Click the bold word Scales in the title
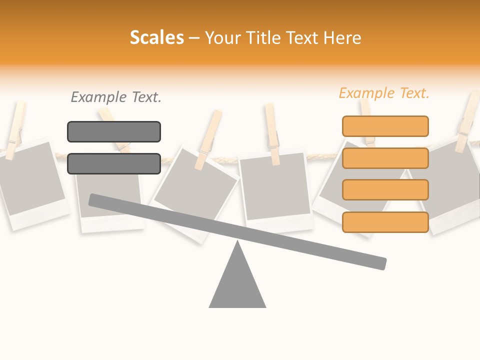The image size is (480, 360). coord(156,38)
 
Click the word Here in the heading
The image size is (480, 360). coord(342,38)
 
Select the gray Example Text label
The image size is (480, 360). coord(116,97)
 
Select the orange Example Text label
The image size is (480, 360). coord(384,93)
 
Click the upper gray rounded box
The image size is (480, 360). coord(114,131)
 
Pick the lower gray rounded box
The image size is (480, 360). coord(114,163)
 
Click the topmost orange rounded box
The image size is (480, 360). coord(385,126)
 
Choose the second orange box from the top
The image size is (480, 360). coord(385,158)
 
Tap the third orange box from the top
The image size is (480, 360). coord(385,189)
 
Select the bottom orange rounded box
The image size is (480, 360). coord(385,222)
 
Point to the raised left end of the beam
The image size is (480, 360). coord(95,200)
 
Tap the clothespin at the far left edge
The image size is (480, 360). coord(15,127)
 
